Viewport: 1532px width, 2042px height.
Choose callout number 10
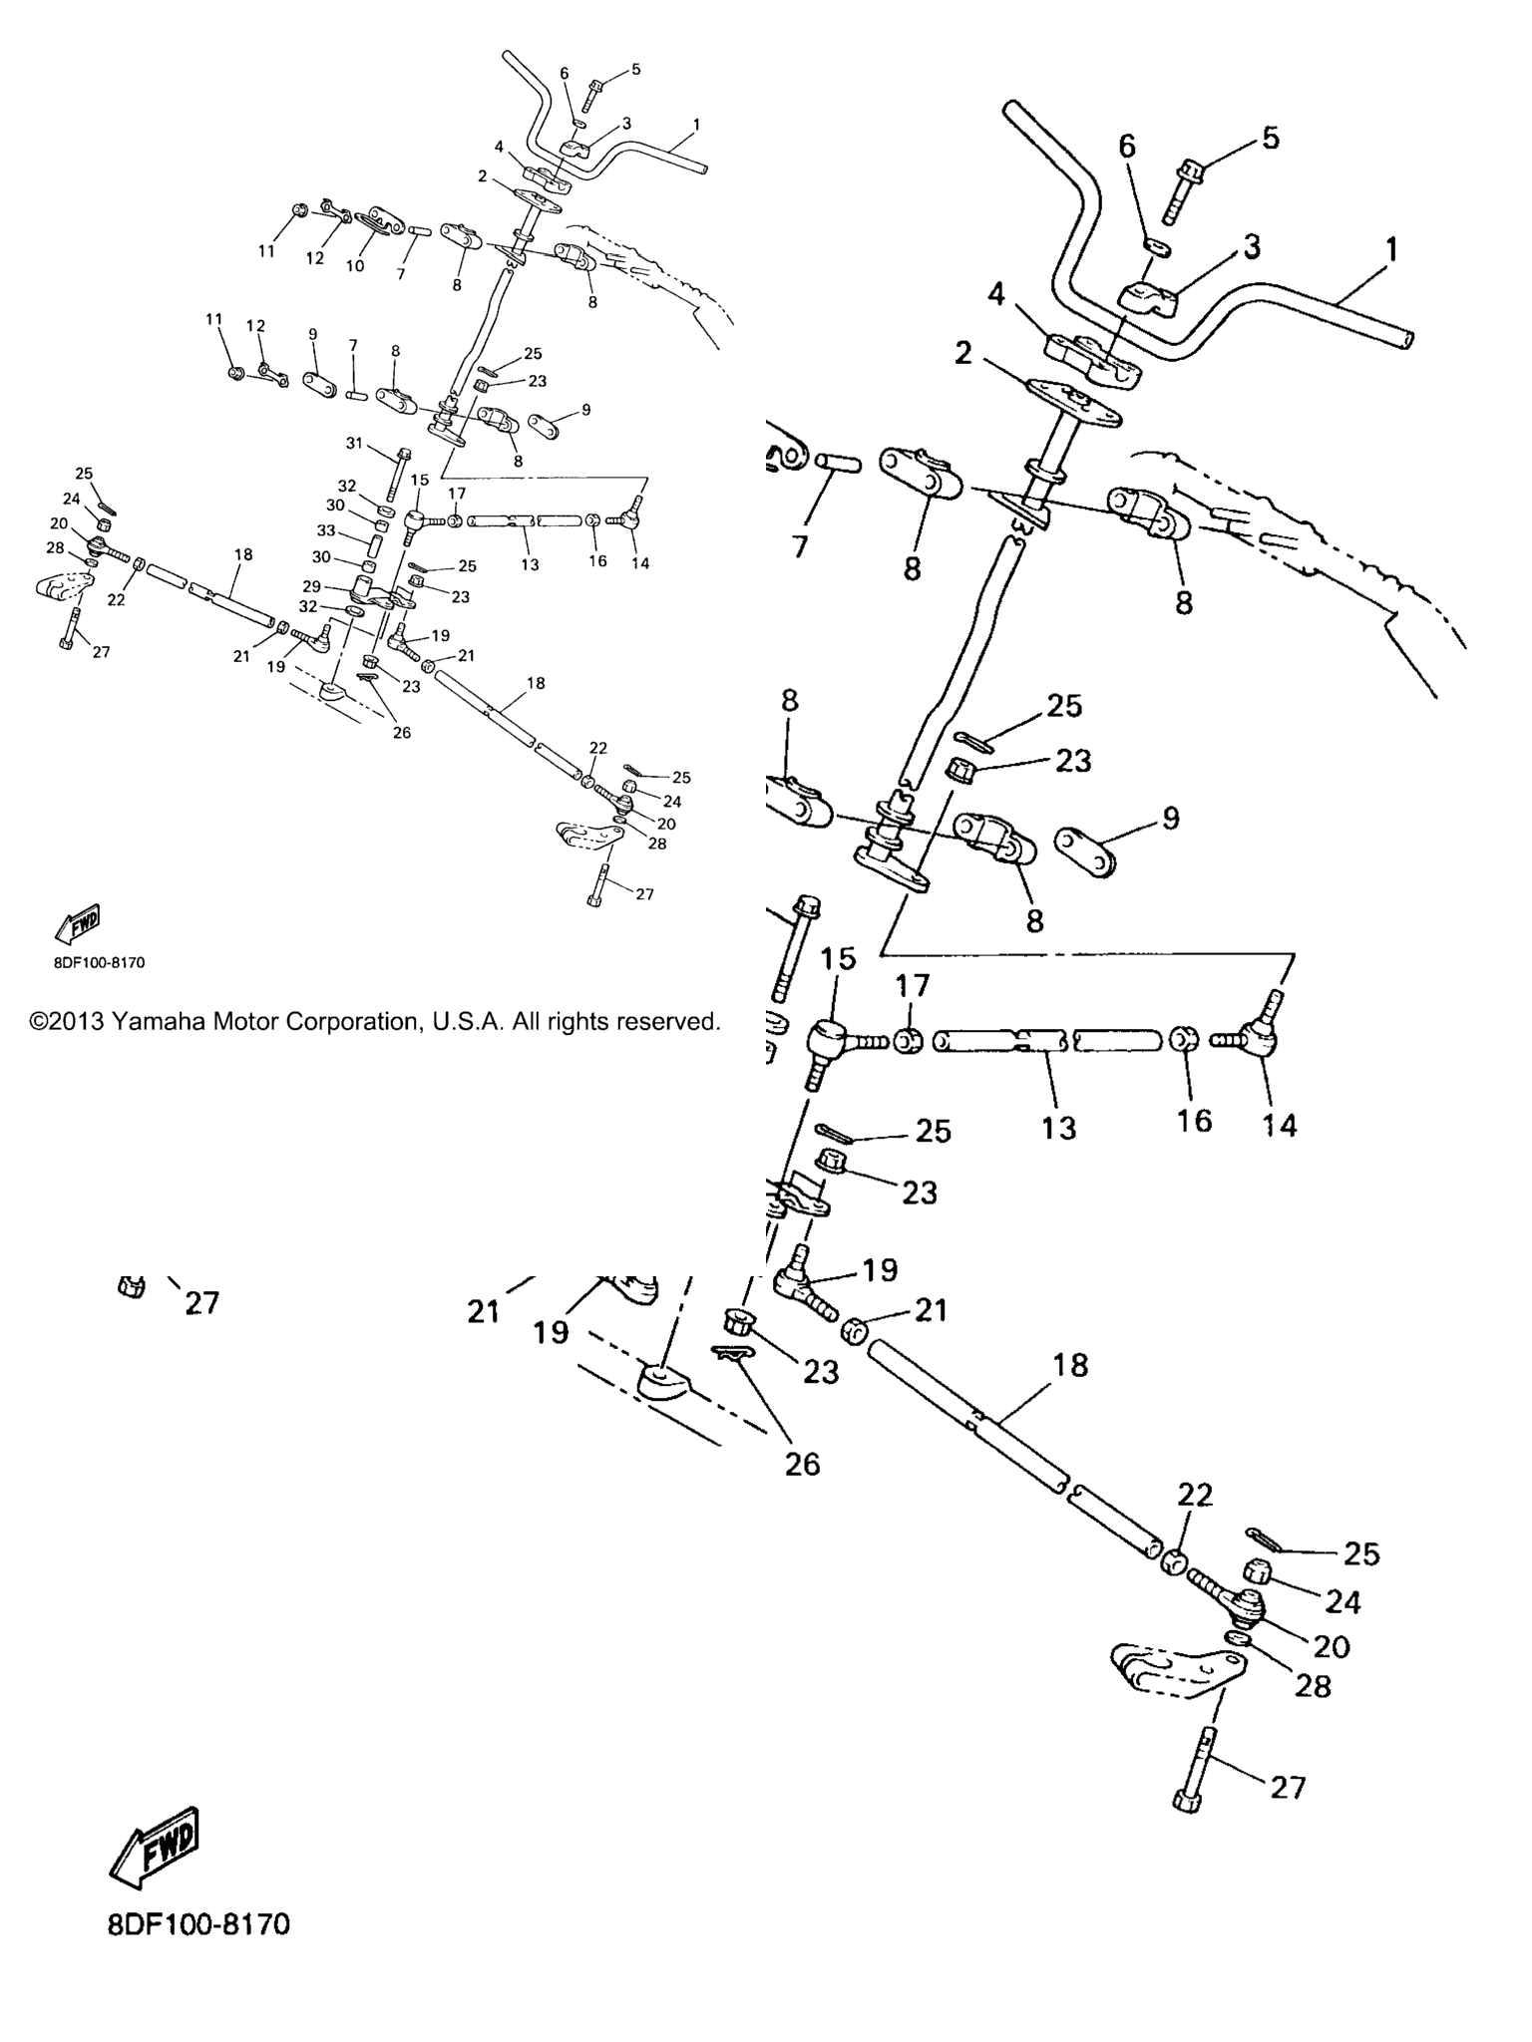355,266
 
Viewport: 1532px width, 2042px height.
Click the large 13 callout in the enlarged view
1059,1128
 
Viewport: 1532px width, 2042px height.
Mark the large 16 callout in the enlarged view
1194,1120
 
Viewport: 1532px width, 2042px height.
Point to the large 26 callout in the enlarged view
802,1464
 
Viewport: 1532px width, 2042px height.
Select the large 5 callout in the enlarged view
1271,138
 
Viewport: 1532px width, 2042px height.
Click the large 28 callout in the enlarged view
1313,1685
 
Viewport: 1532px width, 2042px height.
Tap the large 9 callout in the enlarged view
1171,818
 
